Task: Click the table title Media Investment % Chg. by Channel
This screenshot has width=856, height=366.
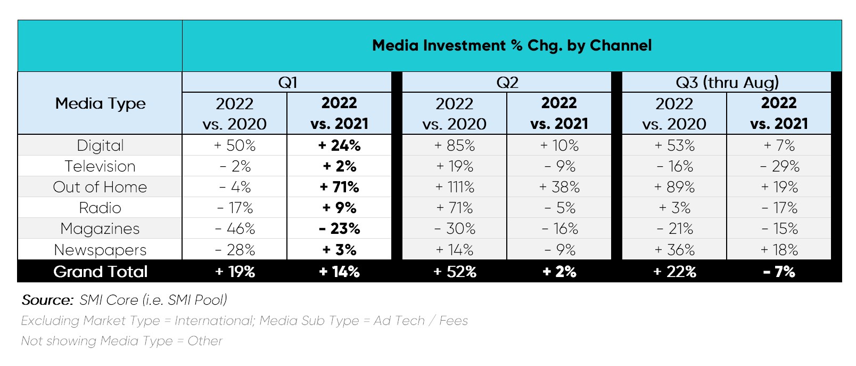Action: (x=511, y=46)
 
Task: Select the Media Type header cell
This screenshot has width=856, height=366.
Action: (x=100, y=103)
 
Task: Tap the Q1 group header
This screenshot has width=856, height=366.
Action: (x=287, y=83)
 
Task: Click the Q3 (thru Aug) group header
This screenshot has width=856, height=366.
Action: (x=727, y=83)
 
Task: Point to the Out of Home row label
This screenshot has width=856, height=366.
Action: (x=100, y=187)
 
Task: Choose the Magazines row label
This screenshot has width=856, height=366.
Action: (x=100, y=229)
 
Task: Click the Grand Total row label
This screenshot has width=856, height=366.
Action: (x=100, y=272)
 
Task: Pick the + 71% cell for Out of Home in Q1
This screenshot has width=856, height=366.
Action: (x=339, y=187)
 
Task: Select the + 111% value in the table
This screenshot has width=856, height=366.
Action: (x=455, y=187)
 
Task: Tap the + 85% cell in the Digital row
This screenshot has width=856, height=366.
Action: (x=455, y=145)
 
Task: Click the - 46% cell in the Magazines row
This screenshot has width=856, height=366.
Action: (x=235, y=229)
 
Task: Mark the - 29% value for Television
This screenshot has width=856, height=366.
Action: (x=779, y=166)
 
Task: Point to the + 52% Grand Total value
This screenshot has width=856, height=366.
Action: (x=455, y=272)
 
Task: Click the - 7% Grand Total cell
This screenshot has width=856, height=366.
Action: (x=779, y=272)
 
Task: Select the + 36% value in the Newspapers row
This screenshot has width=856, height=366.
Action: (x=674, y=250)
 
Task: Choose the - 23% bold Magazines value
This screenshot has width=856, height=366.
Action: (x=339, y=229)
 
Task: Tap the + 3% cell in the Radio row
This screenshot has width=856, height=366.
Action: (x=674, y=208)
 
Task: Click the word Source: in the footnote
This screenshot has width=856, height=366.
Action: (x=47, y=300)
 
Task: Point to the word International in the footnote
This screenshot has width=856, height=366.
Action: (x=213, y=321)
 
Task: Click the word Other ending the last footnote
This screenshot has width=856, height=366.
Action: (x=205, y=341)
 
